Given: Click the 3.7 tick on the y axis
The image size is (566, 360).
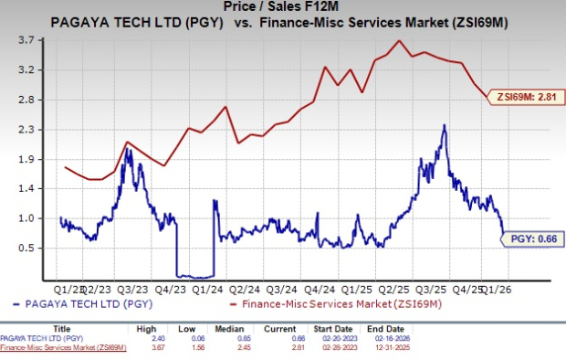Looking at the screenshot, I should coord(26,41).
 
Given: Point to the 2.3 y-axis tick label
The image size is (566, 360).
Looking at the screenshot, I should coord(26,130).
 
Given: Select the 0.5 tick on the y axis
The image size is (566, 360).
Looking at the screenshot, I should coord(26,249).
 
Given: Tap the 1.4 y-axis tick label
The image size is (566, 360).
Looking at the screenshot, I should coord(26,189).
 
